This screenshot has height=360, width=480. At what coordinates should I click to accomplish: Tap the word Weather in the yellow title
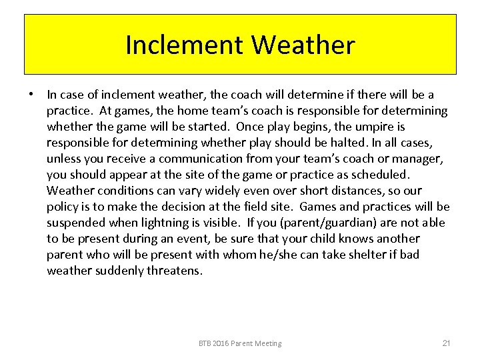point(303,45)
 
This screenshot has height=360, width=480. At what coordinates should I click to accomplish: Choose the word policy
point(62,207)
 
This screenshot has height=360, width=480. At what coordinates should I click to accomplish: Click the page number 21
point(447,343)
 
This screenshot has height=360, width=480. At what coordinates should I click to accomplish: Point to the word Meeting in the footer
point(267,343)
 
